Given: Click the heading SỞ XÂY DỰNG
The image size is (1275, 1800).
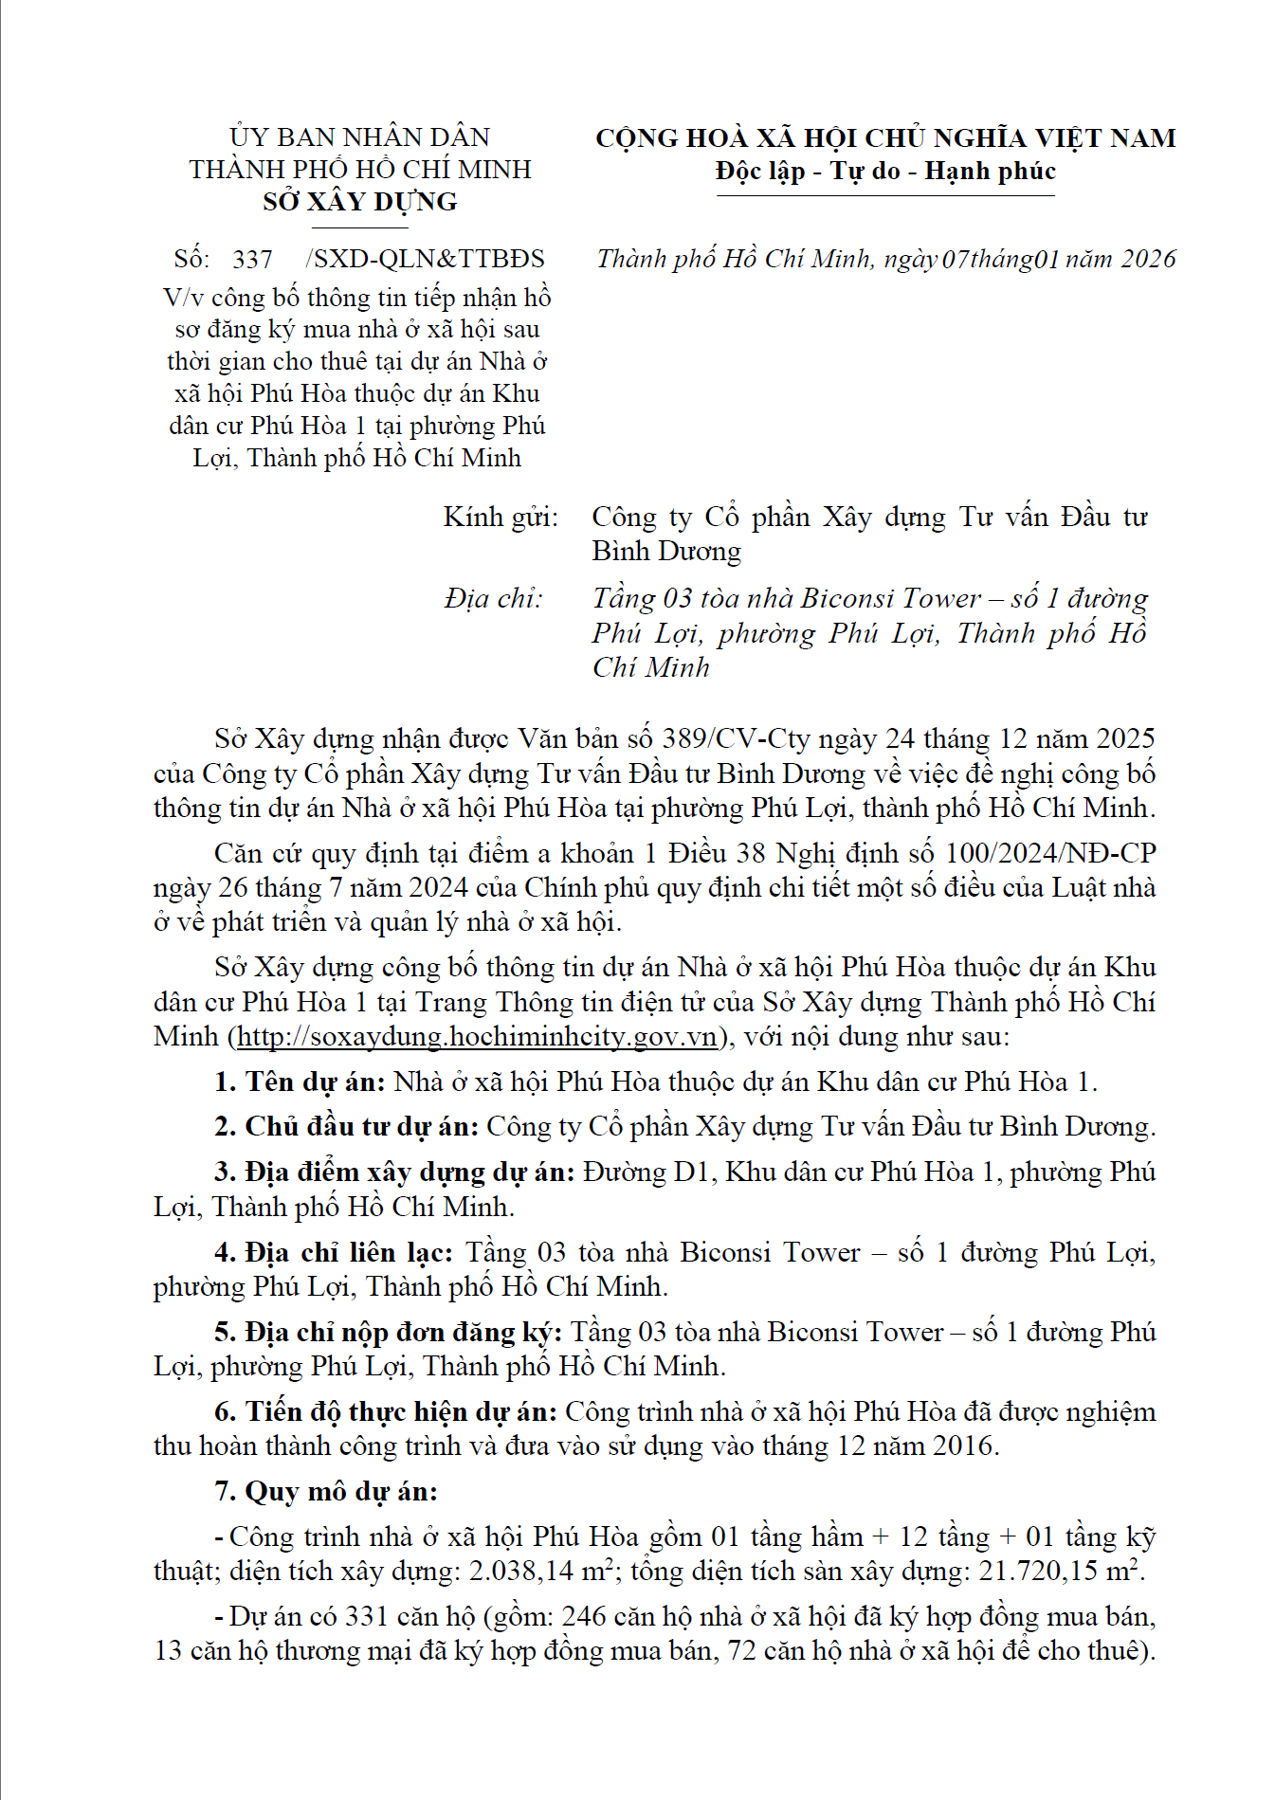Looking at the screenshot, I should click(x=359, y=202).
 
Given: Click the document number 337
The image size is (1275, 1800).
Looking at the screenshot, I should click(x=252, y=259).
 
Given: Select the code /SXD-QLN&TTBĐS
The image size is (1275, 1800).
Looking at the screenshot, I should click(x=426, y=259).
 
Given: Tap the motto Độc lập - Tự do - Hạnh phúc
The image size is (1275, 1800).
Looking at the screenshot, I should click(x=885, y=172).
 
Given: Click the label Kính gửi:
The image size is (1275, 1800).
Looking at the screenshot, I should click(x=501, y=518).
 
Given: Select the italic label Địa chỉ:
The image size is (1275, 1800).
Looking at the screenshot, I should click(x=493, y=599).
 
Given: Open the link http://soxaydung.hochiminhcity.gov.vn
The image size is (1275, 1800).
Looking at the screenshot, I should click(x=477, y=1036).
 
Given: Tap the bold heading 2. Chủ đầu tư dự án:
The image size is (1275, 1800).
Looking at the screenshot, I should click(x=346, y=1127).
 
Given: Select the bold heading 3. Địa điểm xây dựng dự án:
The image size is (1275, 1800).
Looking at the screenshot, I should click(x=394, y=1173).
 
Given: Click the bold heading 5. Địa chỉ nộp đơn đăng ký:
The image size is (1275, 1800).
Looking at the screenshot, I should click(x=388, y=1333).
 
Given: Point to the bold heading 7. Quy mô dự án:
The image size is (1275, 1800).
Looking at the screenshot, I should click(x=326, y=1492).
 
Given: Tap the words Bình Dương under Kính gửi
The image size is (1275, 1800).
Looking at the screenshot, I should click(x=666, y=552).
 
